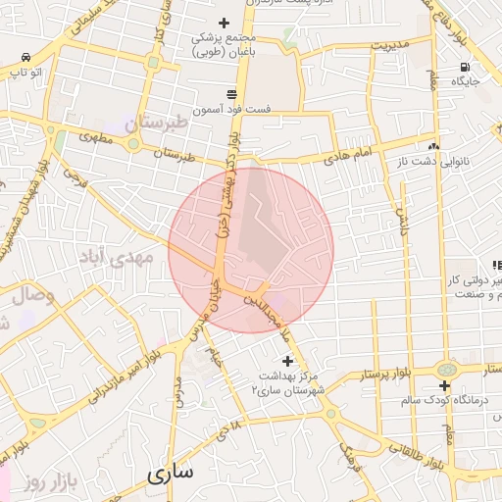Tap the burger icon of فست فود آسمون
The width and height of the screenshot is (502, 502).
[x=230, y=93]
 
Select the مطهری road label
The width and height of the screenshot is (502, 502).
[x=98, y=139]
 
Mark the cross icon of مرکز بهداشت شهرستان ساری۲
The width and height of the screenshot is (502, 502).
[x=286, y=361]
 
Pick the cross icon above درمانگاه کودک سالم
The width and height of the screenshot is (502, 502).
[x=446, y=385]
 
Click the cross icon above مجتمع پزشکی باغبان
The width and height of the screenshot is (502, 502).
[x=224, y=22]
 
